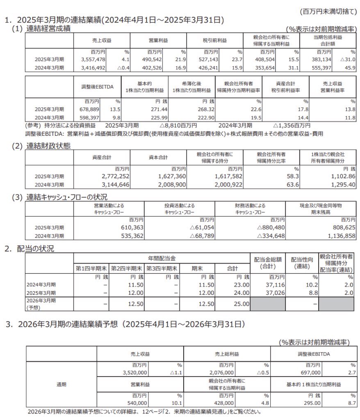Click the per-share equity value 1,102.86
pos(341,175)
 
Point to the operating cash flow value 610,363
pos(118,227)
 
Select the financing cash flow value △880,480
pos(272,227)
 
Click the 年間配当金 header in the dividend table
pos(162,258)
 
